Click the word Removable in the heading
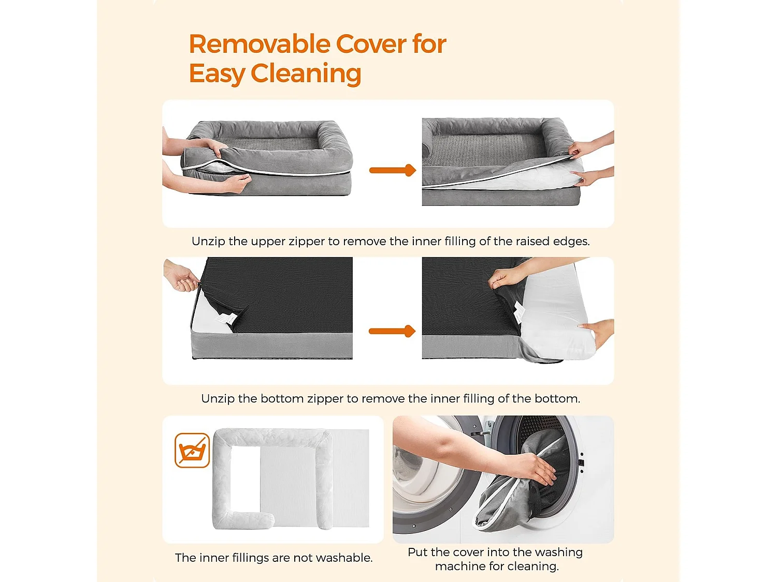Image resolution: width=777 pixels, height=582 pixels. pyautogui.click(x=260, y=44)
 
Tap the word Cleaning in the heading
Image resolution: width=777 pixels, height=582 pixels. pyautogui.click(x=306, y=74)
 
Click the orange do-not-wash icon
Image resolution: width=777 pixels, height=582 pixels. pyautogui.click(x=192, y=450)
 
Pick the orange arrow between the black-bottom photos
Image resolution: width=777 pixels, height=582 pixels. pyautogui.click(x=392, y=331)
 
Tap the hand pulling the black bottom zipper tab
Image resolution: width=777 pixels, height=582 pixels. pyautogui.click(x=182, y=276)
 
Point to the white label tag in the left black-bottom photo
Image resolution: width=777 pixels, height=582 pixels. pyautogui.click(x=225, y=319)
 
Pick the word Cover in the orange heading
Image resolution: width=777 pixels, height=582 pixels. pyautogui.click(x=371, y=44)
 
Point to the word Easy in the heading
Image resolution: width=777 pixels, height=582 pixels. pyautogui.click(x=217, y=74)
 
